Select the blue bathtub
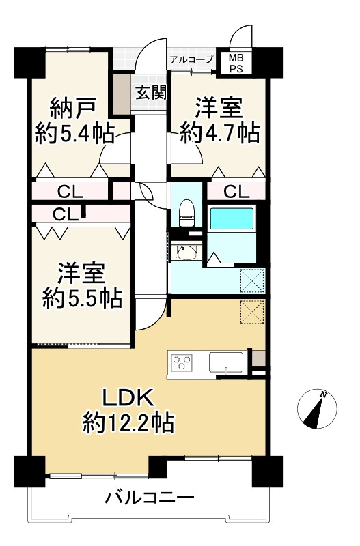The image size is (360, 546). [x=232, y=219]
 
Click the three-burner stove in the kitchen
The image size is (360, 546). [x=184, y=362]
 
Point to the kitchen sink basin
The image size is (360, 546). [x=226, y=361]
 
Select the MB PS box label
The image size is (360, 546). [x=236, y=63]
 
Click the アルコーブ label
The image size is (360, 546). [x=192, y=59]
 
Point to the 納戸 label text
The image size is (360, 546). [x=72, y=108]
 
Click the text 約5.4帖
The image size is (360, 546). [x=74, y=132]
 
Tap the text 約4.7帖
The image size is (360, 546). [x=219, y=132]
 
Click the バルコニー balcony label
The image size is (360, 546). [x=150, y=498]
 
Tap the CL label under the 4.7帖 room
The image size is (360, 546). [x=236, y=192]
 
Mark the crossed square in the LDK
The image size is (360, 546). [x=251, y=312]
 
